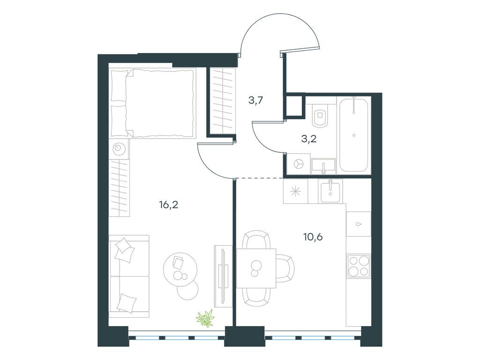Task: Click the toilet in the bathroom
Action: coord(320,116)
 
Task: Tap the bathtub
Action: coord(354,135)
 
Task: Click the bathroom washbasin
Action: coord(323,166)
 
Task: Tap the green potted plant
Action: coord(205,318)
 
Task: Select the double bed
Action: coord(153,103)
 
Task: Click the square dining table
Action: coord(256,268)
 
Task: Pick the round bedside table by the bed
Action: coord(119,149)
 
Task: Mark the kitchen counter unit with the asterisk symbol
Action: coord(296,191)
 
